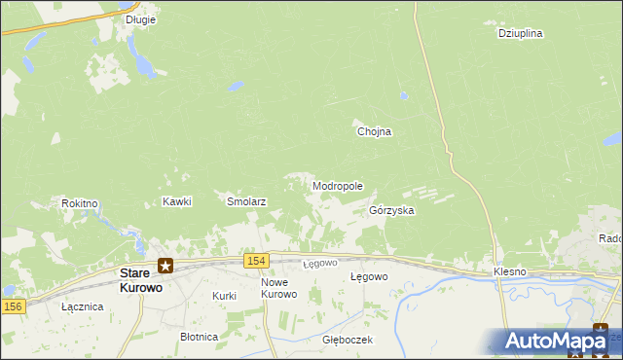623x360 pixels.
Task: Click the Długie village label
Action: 141,18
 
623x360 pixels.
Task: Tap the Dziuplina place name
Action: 520,33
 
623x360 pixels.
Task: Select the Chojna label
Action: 374,132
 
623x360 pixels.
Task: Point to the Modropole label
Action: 338,186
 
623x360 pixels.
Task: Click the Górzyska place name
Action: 392,210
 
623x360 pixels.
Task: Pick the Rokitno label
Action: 80,203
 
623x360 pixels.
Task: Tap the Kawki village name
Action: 177,202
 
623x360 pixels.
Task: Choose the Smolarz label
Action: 246,202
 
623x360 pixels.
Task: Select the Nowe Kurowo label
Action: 278,288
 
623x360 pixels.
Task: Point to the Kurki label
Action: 225,295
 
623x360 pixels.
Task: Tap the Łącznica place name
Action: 82,306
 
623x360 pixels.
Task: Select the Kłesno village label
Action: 510,271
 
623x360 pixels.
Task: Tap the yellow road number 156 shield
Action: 12,306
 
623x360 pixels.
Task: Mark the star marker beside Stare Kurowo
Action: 166,265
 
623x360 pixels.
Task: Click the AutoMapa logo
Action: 556,342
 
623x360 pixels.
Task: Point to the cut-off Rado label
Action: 610,238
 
